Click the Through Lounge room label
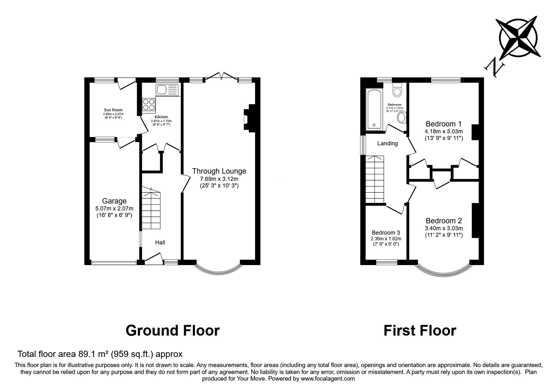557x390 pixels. tap(219, 171)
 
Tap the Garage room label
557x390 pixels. tap(114, 201)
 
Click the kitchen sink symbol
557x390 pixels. tap(167, 90)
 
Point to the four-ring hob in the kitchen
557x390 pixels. tap(149, 104)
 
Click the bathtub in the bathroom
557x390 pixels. tap(374, 109)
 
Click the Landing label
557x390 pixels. tap(387, 143)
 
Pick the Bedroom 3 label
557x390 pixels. tap(386, 233)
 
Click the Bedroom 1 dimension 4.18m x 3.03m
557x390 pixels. tap(444, 131)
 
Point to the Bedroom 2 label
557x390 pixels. tap(443, 221)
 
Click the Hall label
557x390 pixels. tap(160, 242)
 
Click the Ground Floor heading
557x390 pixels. tap(172, 331)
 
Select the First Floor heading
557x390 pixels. tap(420, 331)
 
